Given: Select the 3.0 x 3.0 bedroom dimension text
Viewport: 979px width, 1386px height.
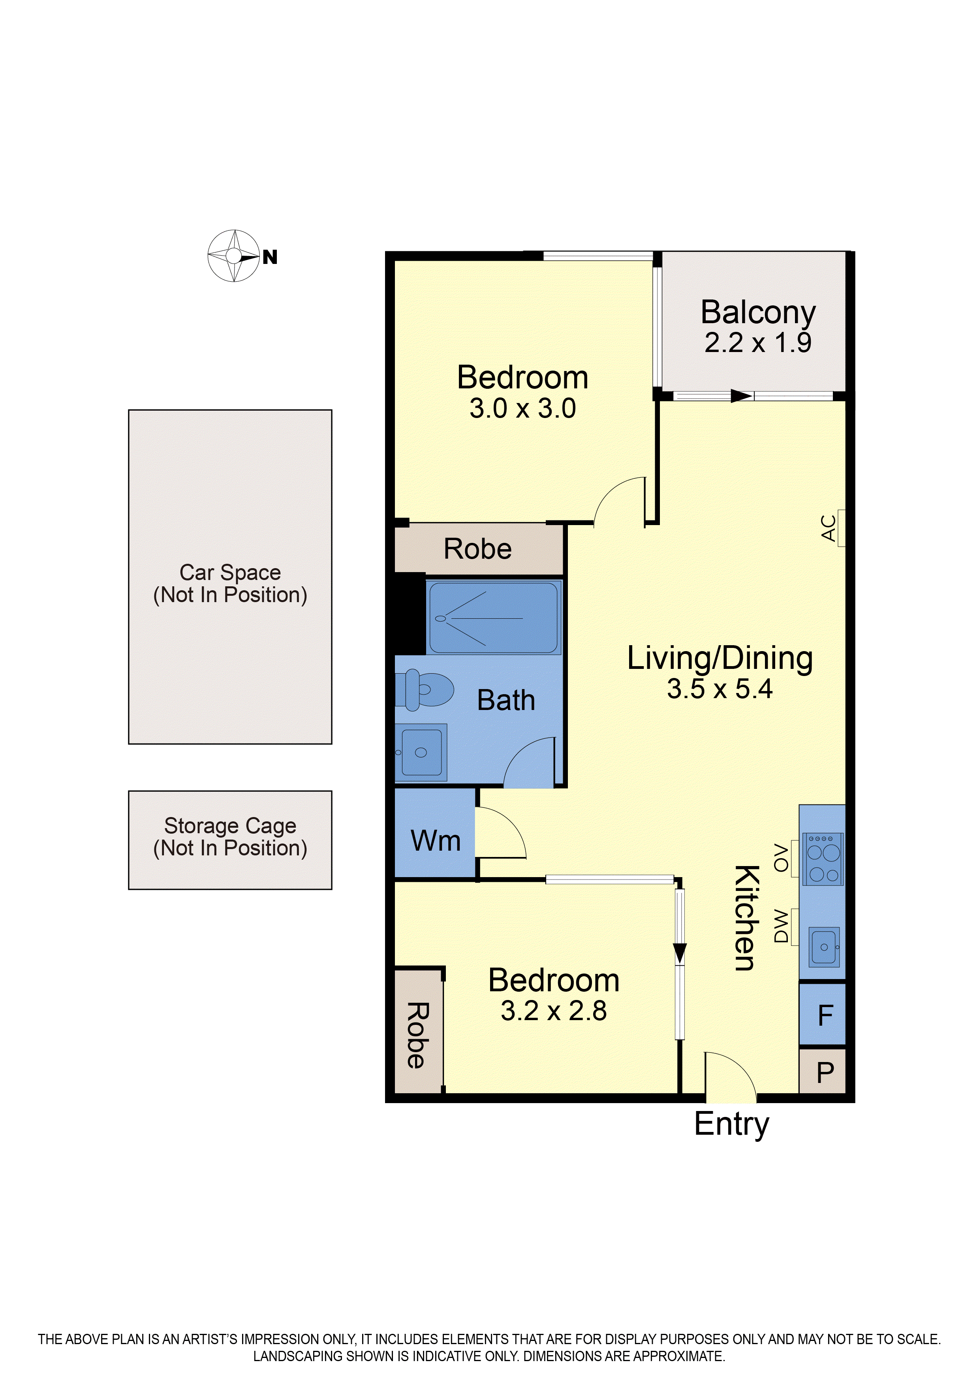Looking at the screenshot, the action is pyautogui.click(x=522, y=409).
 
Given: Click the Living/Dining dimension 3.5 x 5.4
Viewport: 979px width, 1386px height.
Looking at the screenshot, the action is pyautogui.click(x=720, y=689).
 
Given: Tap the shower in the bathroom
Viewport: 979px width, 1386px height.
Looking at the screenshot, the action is pyautogui.click(x=493, y=618).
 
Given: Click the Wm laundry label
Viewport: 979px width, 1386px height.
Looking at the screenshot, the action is pyautogui.click(x=436, y=841).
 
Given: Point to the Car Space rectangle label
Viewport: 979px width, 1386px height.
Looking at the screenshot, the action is pyautogui.click(x=230, y=583).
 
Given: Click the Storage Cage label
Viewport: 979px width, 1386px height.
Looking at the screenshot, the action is pyautogui.click(x=230, y=837).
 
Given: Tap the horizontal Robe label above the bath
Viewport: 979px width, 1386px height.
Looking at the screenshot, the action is pyautogui.click(x=478, y=549).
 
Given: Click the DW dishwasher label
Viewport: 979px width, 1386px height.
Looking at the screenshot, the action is pyautogui.click(x=781, y=927).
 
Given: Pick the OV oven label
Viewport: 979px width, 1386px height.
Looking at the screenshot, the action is pyautogui.click(x=781, y=858).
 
